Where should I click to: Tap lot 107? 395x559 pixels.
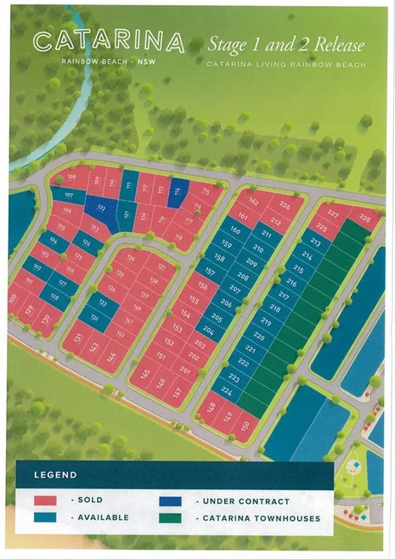tap(68, 196)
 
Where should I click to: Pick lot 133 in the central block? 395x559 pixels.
tap(104, 303)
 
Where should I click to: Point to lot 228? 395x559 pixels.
tap(365, 218)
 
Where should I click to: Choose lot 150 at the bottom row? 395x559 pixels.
tap(245, 424)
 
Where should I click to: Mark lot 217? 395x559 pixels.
tap(284, 296)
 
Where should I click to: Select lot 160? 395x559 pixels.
tap(235, 230)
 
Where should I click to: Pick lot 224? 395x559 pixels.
tap(226, 391)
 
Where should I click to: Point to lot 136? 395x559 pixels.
tap(130, 259)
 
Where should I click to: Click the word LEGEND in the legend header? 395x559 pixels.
tap(56, 475)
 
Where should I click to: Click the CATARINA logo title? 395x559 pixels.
tap(109, 42)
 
